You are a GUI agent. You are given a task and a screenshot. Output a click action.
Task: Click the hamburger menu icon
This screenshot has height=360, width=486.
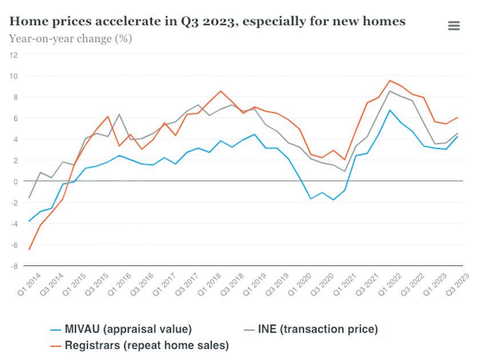pos(453,26)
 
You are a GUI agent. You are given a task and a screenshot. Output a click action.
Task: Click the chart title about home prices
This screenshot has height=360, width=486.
pos(208,21)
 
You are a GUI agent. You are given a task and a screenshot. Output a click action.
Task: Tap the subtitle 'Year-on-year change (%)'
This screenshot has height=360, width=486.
pos(70,39)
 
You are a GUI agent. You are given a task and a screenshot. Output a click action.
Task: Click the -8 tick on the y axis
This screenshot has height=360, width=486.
pos(14,266)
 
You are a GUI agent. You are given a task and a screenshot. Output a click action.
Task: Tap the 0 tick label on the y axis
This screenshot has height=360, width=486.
pos(15,181)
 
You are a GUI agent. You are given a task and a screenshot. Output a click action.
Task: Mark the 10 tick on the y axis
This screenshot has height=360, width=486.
pos(14,76)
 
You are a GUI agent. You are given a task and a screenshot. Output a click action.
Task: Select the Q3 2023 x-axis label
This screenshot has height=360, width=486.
pos(460,283)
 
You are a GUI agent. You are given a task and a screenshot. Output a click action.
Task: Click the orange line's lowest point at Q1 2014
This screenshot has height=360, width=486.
pos(29,250)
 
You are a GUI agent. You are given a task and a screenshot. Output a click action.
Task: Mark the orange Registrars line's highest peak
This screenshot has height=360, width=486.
pos(390,81)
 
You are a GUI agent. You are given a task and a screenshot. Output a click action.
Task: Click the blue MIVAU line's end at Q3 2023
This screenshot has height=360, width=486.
pos(457,136)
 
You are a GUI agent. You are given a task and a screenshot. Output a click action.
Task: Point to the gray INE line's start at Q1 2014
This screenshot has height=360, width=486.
pos(29,198)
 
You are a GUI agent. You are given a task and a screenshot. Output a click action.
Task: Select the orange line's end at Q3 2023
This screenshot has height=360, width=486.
pos(457,117)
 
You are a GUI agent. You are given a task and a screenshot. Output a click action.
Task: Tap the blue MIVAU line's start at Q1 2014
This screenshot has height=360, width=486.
pos(29,221)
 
